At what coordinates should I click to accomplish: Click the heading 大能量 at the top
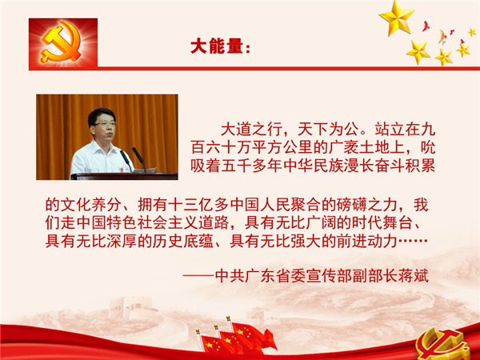(x=217, y=46)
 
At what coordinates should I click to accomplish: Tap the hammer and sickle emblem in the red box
(x=62, y=42)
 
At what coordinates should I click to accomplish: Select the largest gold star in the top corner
(x=397, y=18)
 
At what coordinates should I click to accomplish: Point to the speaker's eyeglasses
(x=105, y=124)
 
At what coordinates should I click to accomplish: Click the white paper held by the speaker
(x=146, y=170)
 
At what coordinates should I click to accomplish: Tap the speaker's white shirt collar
(x=98, y=150)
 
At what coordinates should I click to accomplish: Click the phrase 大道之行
(x=251, y=130)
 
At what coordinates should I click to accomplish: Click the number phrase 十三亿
(x=190, y=205)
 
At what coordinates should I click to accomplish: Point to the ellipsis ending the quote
(x=413, y=241)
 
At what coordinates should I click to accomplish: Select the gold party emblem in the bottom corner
(x=443, y=344)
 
